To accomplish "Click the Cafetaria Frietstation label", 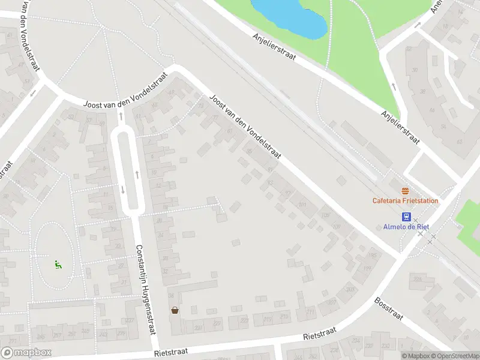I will click(x=405, y=201).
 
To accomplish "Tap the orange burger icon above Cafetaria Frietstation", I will click(x=405, y=191).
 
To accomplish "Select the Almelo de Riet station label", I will click(x=406, y=227).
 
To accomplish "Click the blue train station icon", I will click(x=406, y=217).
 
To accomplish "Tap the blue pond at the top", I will click(x=290, y=16).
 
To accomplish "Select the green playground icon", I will click(x=57, y=263).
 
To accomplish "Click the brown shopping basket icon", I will click(x=175, y=310).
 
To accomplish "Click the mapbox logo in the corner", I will click(x=26, y=353).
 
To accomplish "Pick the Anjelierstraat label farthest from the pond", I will click(x=400, y=128).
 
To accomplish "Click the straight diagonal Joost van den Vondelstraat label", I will click(x=245, y=126).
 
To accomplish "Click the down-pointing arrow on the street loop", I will click(x=123, y=190).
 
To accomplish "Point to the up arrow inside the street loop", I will click(x=137, y=175).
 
